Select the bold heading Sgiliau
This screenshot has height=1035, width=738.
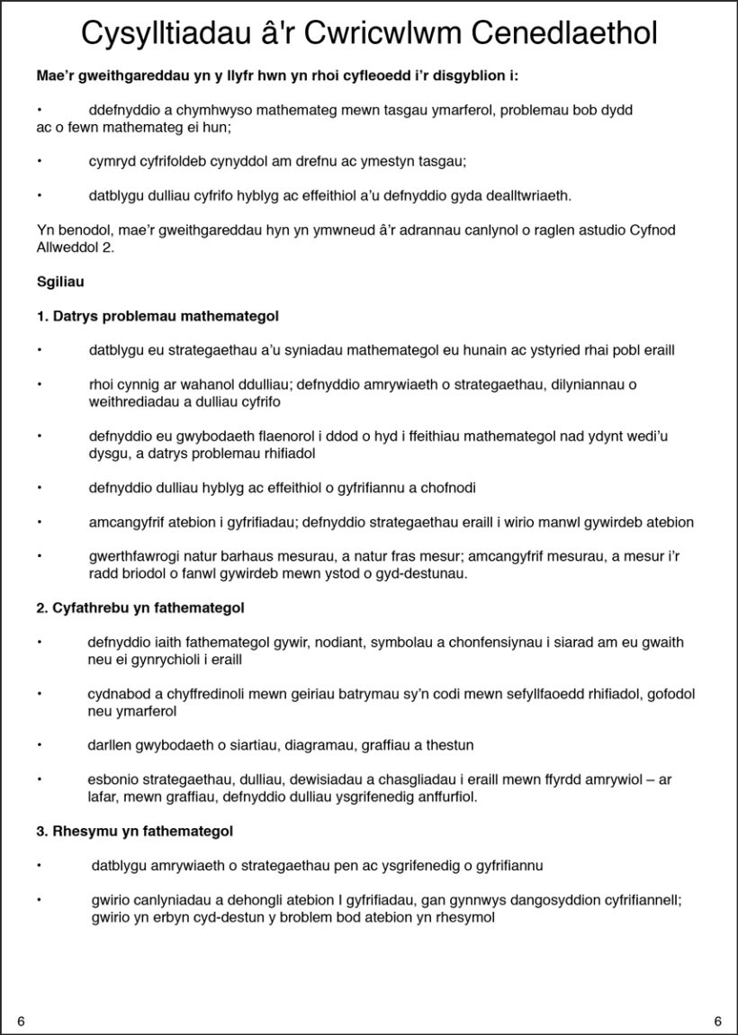(x=60, y=282)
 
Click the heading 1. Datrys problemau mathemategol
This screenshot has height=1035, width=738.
(x=157, y=316)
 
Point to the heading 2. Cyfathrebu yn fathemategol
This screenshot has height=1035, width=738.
(x=140, y=608)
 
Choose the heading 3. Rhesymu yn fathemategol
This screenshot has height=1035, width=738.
(x=135, y=831)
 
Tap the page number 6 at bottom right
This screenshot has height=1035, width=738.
(x=717, y=1021)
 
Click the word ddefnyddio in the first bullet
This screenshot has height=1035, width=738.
(x=121, y=110)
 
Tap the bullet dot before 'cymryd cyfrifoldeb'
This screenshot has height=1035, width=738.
(x=40, y=161)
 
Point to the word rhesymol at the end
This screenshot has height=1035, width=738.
(x=463, y=917)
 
